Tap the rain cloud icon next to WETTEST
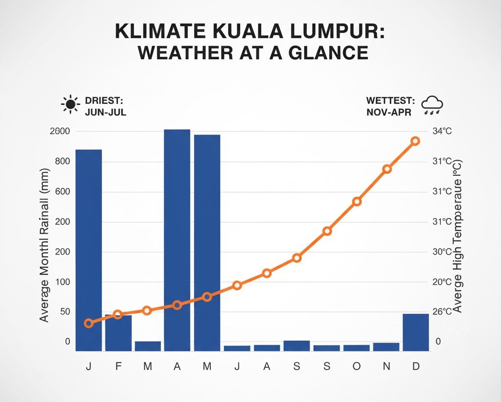click(432, 105)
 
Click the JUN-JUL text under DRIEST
click(105, 112)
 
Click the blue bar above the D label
click(415, 332)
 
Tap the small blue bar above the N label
click(386, 347)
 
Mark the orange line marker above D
click(415, 141)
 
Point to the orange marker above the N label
click(387, 169)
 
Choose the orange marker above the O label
click(357, 201)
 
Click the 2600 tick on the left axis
click(60, 131)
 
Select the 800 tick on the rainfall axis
click(62, 162)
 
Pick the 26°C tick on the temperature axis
click(441, 311)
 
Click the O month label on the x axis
click(357, 366)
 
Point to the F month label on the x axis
click(118, 366)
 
